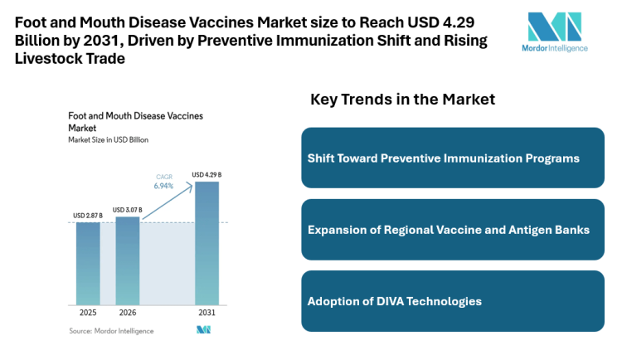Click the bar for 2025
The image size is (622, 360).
click(88, 264)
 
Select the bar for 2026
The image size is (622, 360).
click(128, 260)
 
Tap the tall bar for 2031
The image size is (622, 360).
click(207, 243)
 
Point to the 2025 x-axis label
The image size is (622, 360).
click(88, 314)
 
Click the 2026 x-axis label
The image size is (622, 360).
click(128, 314)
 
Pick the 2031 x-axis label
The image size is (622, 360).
click(207, 314)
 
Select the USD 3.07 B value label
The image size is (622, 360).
click(128, 210)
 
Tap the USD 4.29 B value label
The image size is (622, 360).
click(207, 174)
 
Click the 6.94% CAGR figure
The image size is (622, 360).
click(163, 187)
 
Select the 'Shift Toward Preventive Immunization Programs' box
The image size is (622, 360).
click(452, 158)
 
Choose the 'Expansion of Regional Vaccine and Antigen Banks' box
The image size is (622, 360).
click(452, 229)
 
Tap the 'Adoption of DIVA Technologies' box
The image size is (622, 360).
click(452, 301)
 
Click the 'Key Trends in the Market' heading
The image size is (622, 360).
click(402, 100)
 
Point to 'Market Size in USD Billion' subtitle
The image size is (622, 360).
click(108, 140)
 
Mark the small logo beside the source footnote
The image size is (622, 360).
click(203, 330)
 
